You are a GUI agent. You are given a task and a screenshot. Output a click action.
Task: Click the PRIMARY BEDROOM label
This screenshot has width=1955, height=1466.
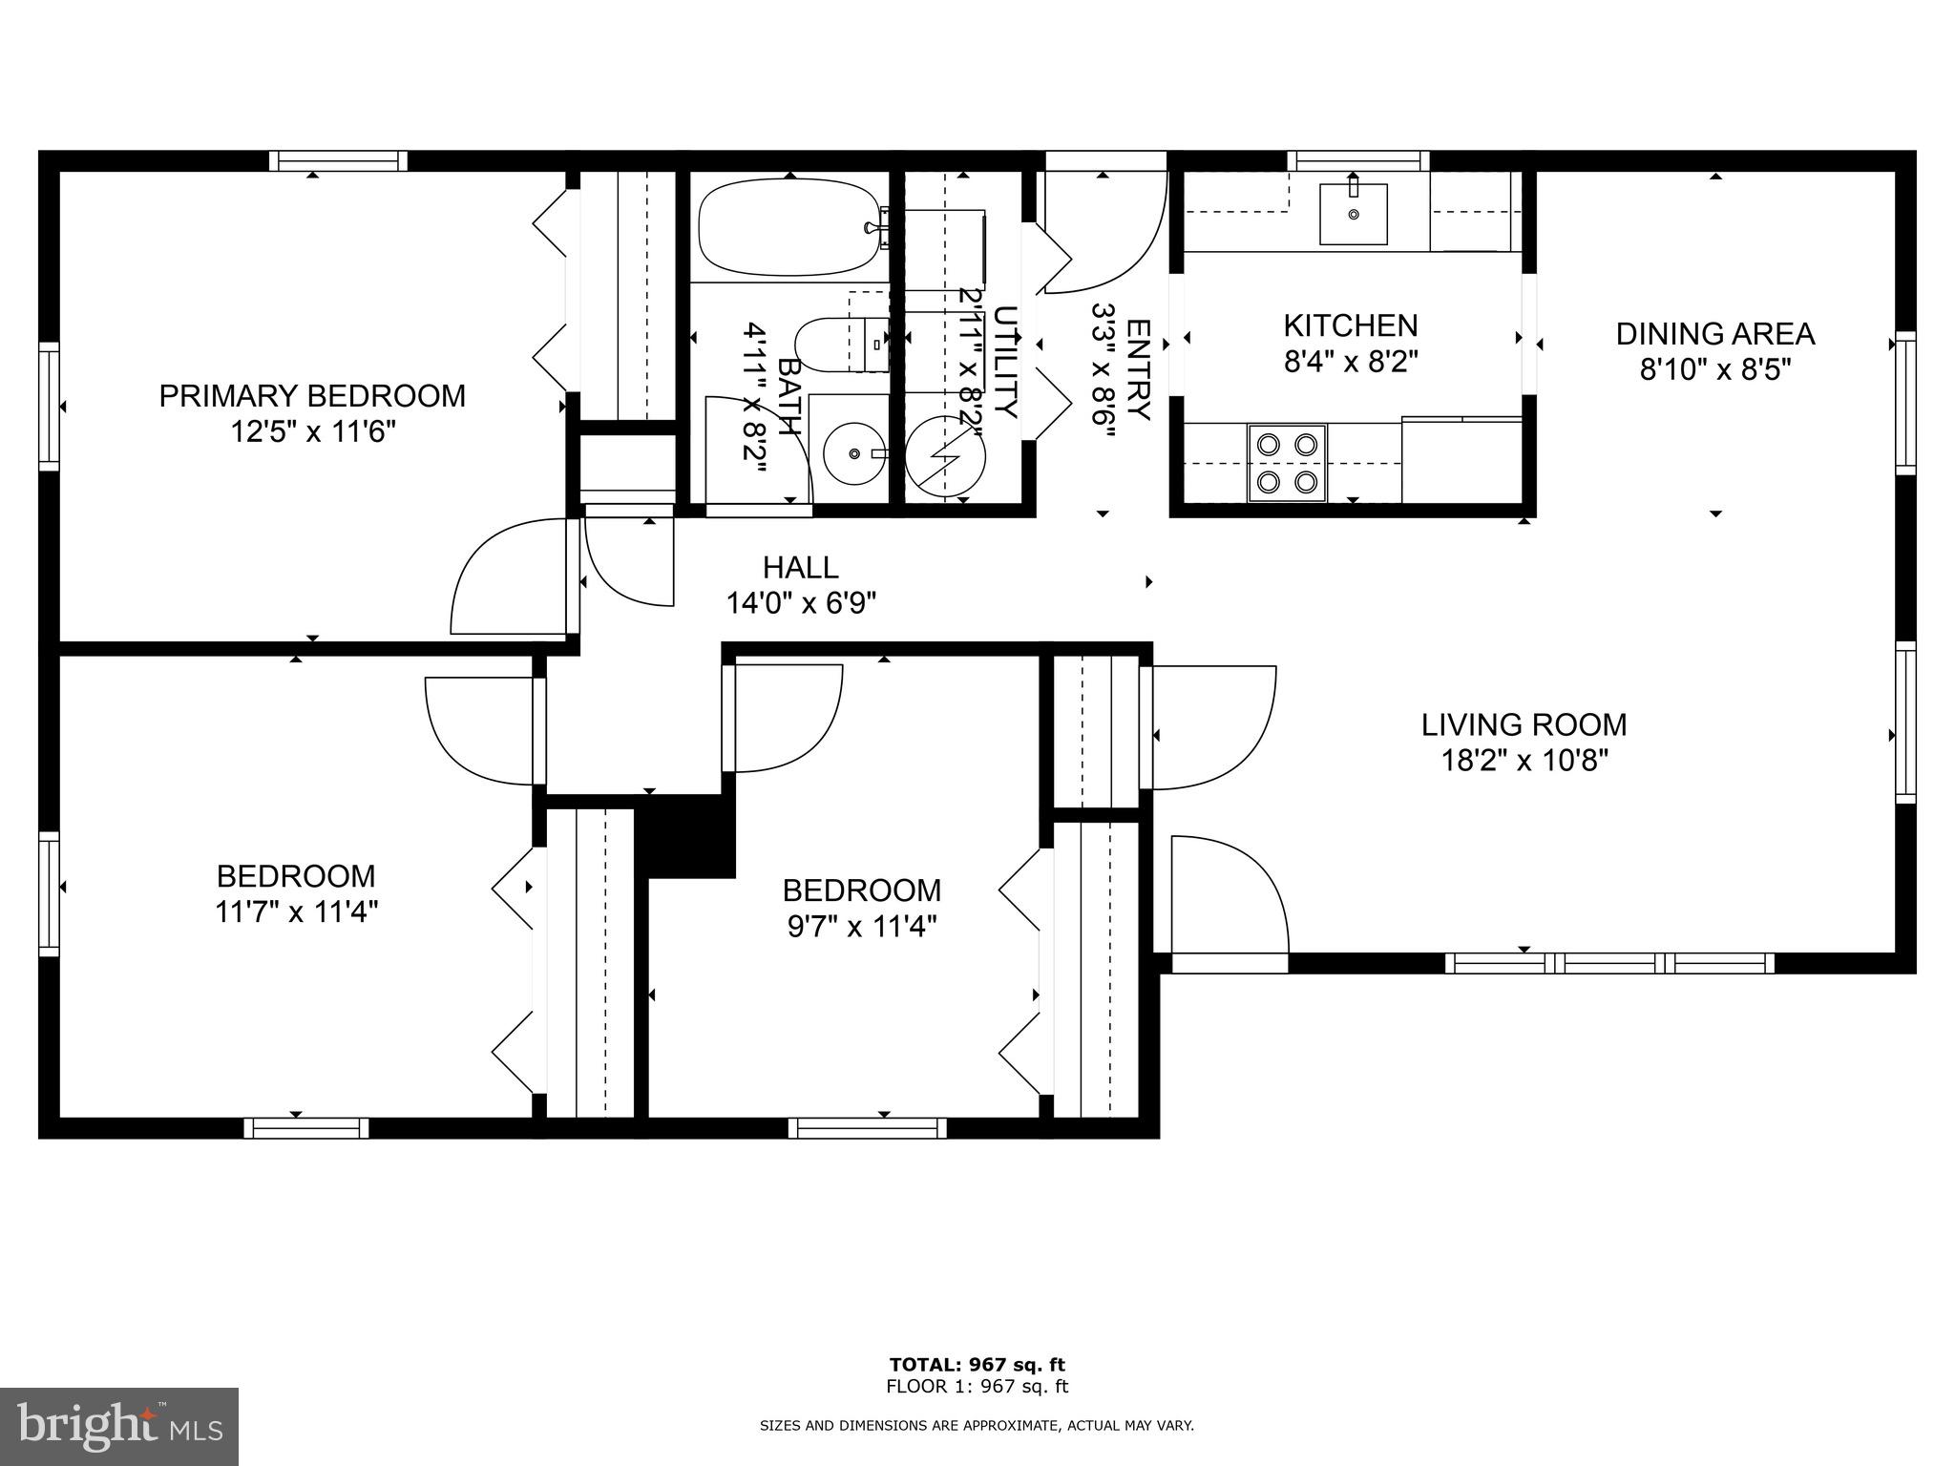(x=312, y=395)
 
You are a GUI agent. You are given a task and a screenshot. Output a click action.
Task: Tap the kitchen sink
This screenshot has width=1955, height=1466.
(x=1353, y=214)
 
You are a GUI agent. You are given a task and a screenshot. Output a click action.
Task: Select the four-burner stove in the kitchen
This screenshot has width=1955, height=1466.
(x=1287, y=463)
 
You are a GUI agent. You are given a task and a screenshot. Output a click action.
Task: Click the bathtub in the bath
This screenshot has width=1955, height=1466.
(x=788, y=228)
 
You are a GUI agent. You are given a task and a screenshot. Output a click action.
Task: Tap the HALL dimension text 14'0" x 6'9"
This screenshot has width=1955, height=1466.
(x=801, y=603)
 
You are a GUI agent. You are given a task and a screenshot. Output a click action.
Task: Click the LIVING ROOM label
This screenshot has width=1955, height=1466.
(x=1524, y=725)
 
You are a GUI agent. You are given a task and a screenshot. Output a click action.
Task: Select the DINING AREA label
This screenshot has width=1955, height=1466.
(x=1714, y=334)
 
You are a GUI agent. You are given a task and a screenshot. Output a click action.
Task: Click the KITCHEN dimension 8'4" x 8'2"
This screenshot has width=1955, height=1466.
(x=1351, y=363)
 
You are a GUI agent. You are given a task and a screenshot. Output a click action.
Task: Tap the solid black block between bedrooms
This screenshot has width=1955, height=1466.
(x=690, y=837)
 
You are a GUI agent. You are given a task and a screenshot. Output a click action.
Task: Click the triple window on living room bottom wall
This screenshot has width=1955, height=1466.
(x=1609, y=963)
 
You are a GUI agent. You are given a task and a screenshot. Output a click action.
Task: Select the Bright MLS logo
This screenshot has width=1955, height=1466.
(x=119, y=1425)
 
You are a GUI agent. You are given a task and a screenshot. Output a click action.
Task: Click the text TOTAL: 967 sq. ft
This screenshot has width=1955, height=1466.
(x=977, y=1365)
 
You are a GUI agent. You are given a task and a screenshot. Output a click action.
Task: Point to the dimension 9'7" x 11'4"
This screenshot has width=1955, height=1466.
(x=861, y=927)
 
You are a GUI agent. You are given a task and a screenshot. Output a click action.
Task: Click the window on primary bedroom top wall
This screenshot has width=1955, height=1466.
(x=338, y=161)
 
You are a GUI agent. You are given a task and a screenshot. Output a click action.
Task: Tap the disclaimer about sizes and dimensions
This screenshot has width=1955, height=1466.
(x=977, y=1426)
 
